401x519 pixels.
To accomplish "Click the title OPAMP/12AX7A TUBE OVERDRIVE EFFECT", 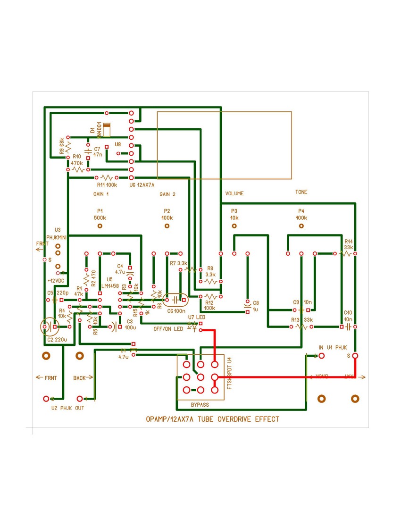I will pos(212,419).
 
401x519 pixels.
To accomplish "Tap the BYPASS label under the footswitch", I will pos(200,405).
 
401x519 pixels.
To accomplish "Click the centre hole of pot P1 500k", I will pos(100,226).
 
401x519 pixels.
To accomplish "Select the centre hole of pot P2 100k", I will pos(167,226).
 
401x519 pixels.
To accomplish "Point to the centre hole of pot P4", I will pos(301,226).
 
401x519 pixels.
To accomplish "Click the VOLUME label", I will pos(234,193).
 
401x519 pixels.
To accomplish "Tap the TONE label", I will pos(301,193).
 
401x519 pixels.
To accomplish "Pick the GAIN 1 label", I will pos(101,194).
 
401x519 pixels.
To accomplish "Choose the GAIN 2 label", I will pos(167,194).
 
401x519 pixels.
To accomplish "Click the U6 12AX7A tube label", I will pos(142,185).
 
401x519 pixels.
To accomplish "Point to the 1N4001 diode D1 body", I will pos(107,130).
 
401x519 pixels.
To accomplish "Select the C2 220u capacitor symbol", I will pos(48,326).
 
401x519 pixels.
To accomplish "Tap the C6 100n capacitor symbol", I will pos(175,300).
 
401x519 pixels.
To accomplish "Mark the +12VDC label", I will pos(55,280).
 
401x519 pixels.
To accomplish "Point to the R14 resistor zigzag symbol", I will pos(347,253).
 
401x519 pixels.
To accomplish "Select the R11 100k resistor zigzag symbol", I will pos(108,177).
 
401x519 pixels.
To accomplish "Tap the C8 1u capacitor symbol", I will pos(247,306).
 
